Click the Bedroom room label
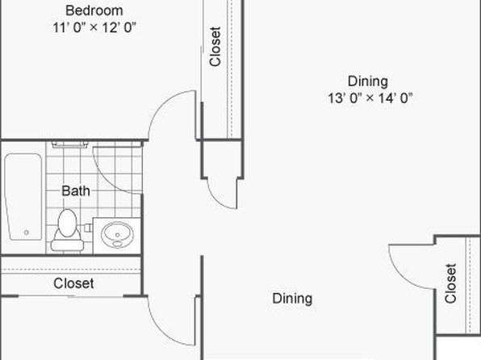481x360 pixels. [94, 10]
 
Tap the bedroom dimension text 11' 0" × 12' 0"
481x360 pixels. [94, 27]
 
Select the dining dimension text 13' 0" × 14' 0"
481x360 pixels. [370, 98]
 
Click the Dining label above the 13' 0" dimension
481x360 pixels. [368, 82]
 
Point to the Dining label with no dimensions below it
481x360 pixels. [292, 299]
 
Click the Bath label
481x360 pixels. [76, 190]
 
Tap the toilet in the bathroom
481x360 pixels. [67, 230]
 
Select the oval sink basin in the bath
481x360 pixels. [118, 235]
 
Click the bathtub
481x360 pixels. [23, 197]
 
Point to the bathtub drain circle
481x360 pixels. [27, 232]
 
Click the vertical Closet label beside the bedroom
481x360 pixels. [215, 47]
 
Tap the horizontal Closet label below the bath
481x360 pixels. [73, 283]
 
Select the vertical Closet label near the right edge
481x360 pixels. [450, 283]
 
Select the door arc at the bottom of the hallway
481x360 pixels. [162, 331]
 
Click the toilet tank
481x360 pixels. [67, 245]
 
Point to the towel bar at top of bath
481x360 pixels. [70, 144]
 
